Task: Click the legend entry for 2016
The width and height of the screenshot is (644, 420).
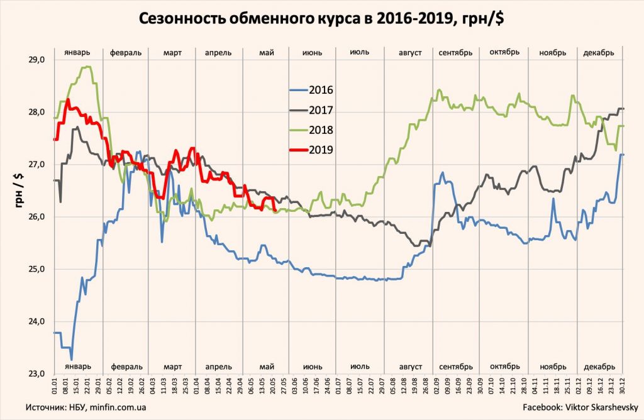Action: click(x=321, y=90)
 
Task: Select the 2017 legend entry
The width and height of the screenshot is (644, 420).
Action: click(x=321, y=110)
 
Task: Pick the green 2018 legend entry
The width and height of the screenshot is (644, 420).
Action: click(x=321, y=130)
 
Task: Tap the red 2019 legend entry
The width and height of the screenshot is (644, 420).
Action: click(x=321, y=150)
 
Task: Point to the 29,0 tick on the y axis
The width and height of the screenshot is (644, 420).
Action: click(x=37, y=60)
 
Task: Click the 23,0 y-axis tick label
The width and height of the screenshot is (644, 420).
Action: click(x=37, y=373)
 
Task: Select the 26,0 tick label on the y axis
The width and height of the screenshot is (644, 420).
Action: click(x=37, y=217)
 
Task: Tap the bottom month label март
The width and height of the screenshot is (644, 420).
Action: click(x=172, y=367)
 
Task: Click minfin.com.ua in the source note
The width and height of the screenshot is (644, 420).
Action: click(x=122, y=408)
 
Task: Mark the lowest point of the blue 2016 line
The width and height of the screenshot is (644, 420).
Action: click(x=71, y=359)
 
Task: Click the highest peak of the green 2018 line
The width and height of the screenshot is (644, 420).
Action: click(x=87, y=67)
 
